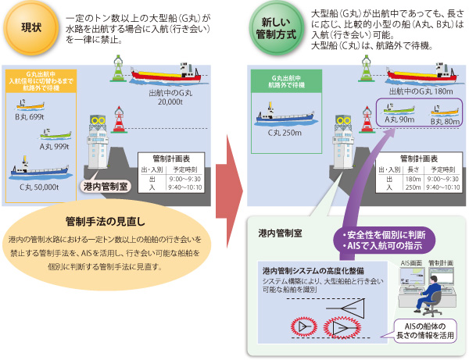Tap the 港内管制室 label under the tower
tap(107, 187)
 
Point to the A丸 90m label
tap(400, 119)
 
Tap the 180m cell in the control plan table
tap(413, 178)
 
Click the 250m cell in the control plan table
tap(413, 187)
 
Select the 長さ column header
tap(413, 168)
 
